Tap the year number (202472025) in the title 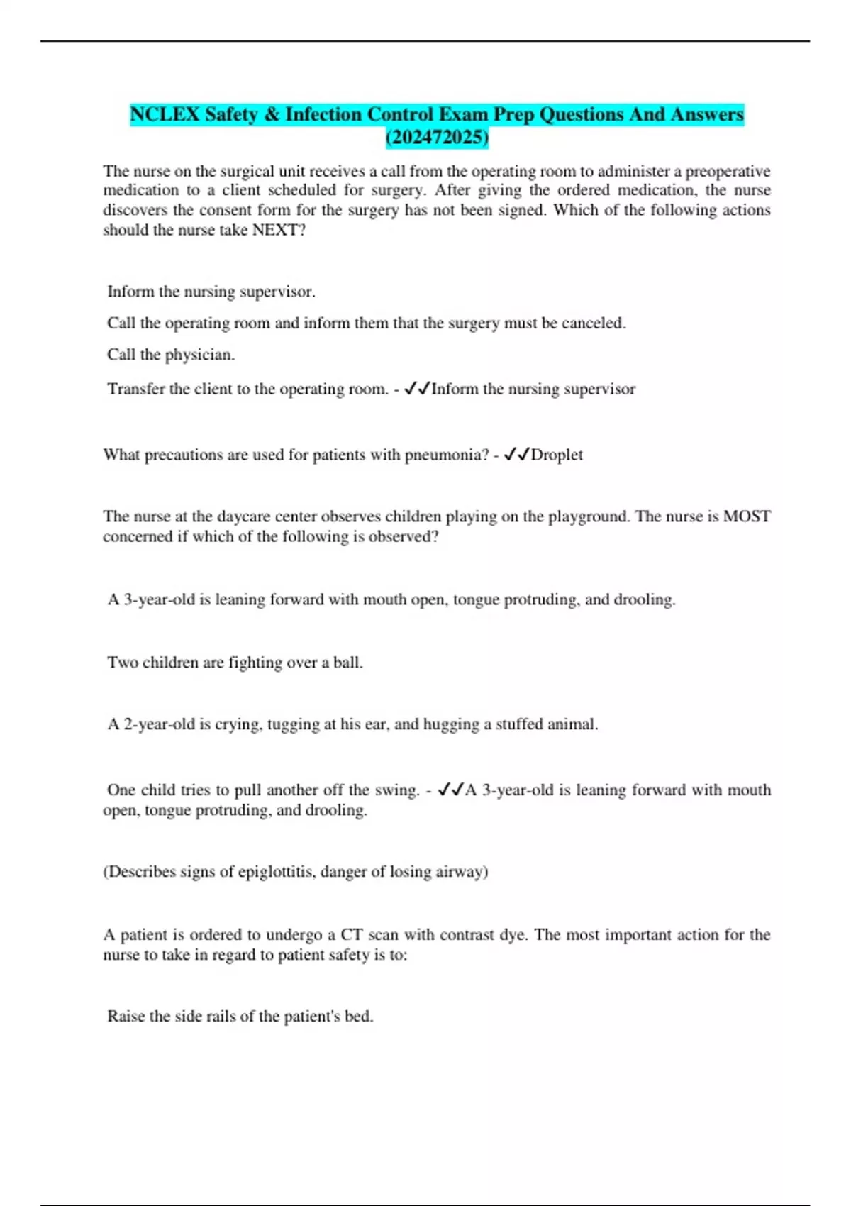pyautogui.click(x=437, y=137)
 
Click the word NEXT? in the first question pyautogui.click(x=279, y=230)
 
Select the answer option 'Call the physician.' pyautogui.click(x=171, y=355)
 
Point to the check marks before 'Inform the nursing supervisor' pyautogui.click(x=417, y=389)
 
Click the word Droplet pyautogui.click(x=557, y=455)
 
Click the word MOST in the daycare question pyautogui.click(x=747, y=516)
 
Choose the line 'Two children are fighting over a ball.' pyautogui.click(x=235, y=663)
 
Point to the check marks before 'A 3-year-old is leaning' pyautogui.click(x=451, y=790)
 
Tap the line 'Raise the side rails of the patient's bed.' pyautogui.click(x=240, y=1017)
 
